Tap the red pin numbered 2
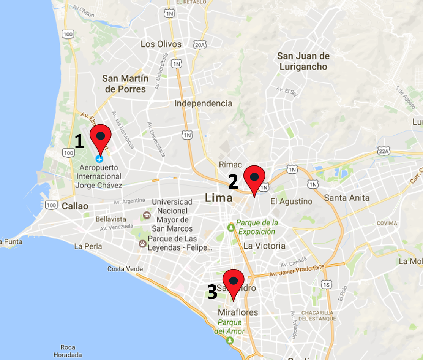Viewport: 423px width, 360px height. click(x=254, y=178)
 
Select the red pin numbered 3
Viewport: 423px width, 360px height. click(x=233, y=282)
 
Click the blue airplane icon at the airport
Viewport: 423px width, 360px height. click(x=100, y=158)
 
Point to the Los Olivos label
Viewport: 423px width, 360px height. click(x=161, y=44)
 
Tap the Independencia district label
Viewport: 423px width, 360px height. click(x=203, y=103)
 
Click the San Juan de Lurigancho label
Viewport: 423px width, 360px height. click(x=303, y=61)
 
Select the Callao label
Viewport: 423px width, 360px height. click(x=75, y=206)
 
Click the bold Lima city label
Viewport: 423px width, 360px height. click(x=218, y=198)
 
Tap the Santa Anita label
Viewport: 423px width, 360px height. click(x=346, y=198)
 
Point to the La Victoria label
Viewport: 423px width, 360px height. click(x=264, y=246)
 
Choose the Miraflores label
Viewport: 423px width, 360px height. click(x=238, y=312)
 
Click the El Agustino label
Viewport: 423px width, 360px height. click(x=291, y=201)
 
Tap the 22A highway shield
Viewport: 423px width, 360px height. click(x=384, y=151)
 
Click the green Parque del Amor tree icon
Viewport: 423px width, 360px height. click(x=229, y=340)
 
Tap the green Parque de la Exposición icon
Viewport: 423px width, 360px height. click(x=230, y=227)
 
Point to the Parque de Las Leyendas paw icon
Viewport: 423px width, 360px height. click(x=142, y=243)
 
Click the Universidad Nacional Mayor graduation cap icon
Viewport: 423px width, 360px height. click(x=146, y=216)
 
